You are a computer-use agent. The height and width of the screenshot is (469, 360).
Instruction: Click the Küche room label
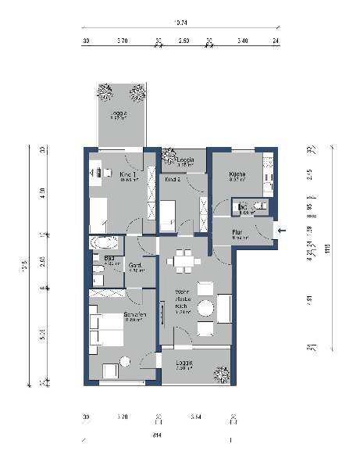tap(239, 175)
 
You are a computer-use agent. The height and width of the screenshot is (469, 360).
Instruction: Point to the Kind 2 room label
tap(173, 180)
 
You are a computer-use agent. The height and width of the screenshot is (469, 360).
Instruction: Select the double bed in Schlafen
tap(106, 330)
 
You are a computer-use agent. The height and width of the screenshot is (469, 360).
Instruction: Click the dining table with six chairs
tap(184, 259)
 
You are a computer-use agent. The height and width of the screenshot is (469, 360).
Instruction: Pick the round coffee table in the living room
tap(205, 307)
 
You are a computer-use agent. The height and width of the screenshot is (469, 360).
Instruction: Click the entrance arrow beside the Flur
tap(282, 230)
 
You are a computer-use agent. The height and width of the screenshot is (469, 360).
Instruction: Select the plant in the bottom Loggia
tap(222, 375)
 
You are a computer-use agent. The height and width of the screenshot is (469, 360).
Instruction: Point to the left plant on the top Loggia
tap(105, 91)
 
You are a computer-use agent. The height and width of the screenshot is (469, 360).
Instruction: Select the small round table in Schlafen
tap(124, 362)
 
